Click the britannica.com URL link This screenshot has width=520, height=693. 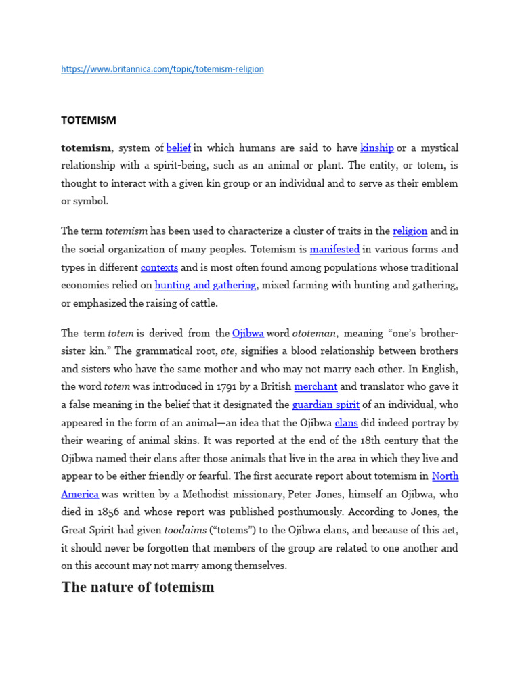coord(162,69)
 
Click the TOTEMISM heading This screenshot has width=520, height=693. coord(89,120)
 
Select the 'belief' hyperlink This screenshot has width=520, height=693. coord(179,148)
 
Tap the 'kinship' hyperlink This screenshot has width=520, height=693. coord(377,148)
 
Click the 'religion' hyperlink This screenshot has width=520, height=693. coord(410,231)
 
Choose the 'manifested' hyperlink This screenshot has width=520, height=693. coord(334,249)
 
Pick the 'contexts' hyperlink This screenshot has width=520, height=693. coord(159,267)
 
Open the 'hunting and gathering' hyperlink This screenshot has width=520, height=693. coord(205,285)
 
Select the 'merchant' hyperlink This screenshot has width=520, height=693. coord(316,386)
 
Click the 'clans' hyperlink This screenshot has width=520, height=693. coord(346,423)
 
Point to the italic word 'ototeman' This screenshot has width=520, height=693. coord(314,333)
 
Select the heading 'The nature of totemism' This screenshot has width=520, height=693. coord(137,587)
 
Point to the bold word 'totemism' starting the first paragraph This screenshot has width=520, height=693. coord(86,148)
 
